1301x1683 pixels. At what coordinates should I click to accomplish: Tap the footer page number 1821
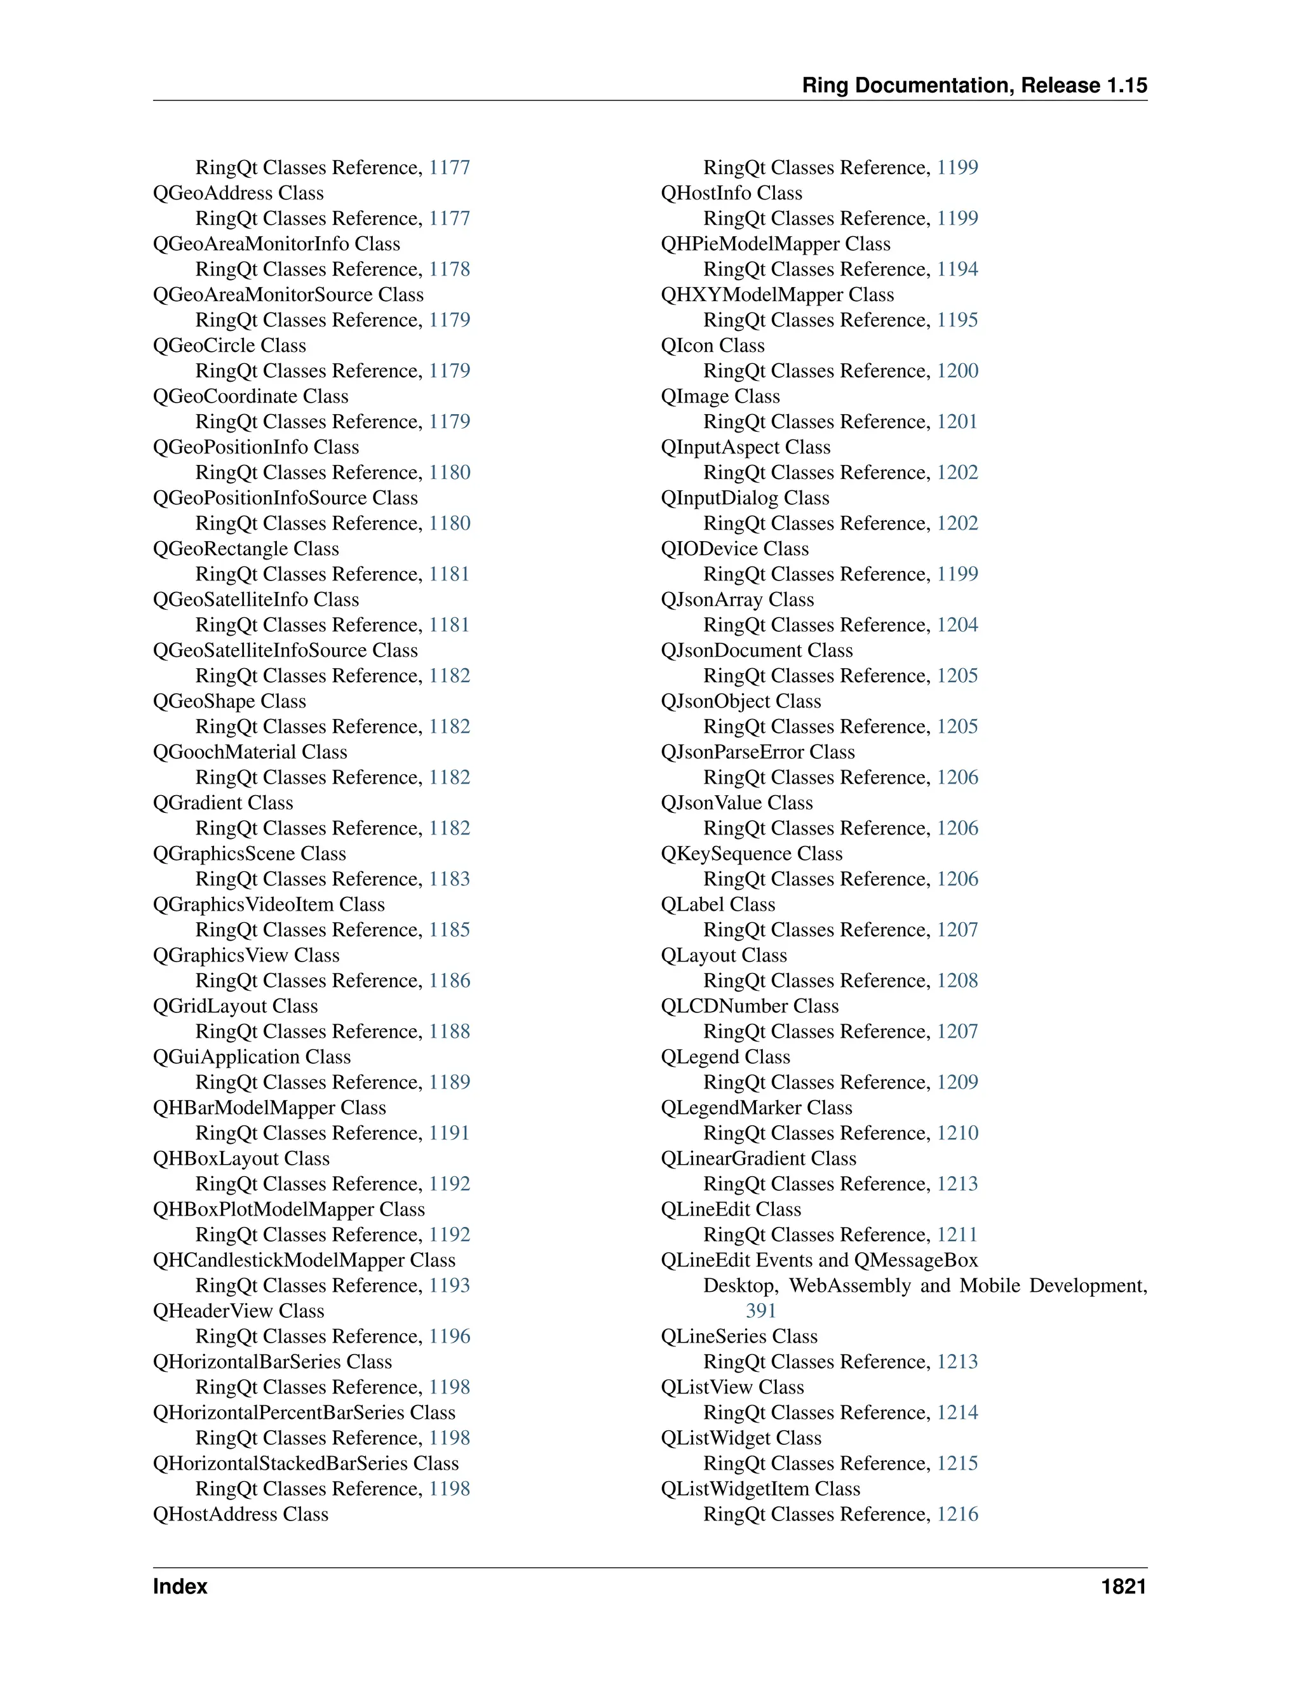click(1123, 1586)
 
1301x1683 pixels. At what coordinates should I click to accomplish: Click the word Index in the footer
click(180, 1586)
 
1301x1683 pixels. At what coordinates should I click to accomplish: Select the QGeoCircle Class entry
click(230, 345)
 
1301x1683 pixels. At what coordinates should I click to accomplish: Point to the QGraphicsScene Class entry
click(250, 853)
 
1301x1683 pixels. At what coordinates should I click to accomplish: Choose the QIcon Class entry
click(713, 345)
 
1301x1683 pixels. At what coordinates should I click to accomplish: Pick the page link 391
click(760, 1310)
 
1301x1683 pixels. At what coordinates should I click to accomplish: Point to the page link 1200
click(957, 371)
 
